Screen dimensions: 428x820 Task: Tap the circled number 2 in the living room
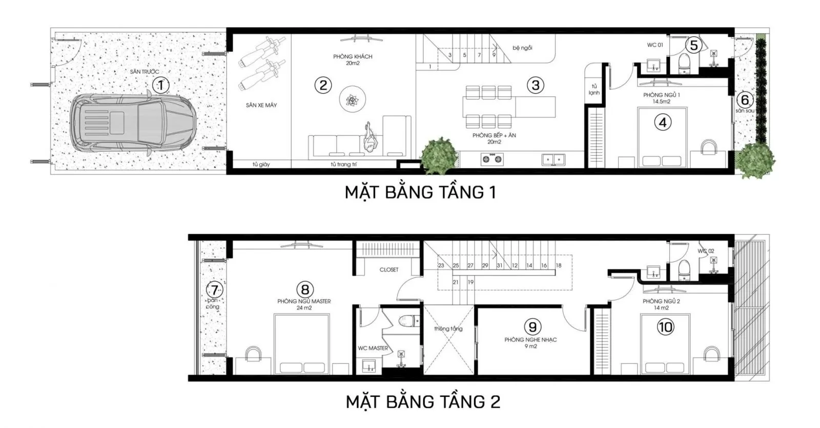click(323, 85)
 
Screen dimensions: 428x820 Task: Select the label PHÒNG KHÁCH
click(353, 57)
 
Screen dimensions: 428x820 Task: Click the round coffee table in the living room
click(352, 99)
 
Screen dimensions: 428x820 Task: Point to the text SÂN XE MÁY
click(261, 105)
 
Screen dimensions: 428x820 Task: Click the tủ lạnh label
click(594, 90)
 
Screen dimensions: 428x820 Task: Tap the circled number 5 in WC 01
click(693, 45)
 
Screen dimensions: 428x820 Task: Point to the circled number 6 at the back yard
click(745, 100)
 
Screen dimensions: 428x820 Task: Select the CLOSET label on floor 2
click(389, 270)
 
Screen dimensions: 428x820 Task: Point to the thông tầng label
click(448, 329)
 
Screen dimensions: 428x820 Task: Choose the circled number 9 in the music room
click(532, 326)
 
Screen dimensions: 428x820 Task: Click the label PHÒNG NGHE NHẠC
click(530, 340)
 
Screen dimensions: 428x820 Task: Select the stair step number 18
click(559, 266)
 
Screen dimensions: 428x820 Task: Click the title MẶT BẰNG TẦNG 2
click(423, 401)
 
